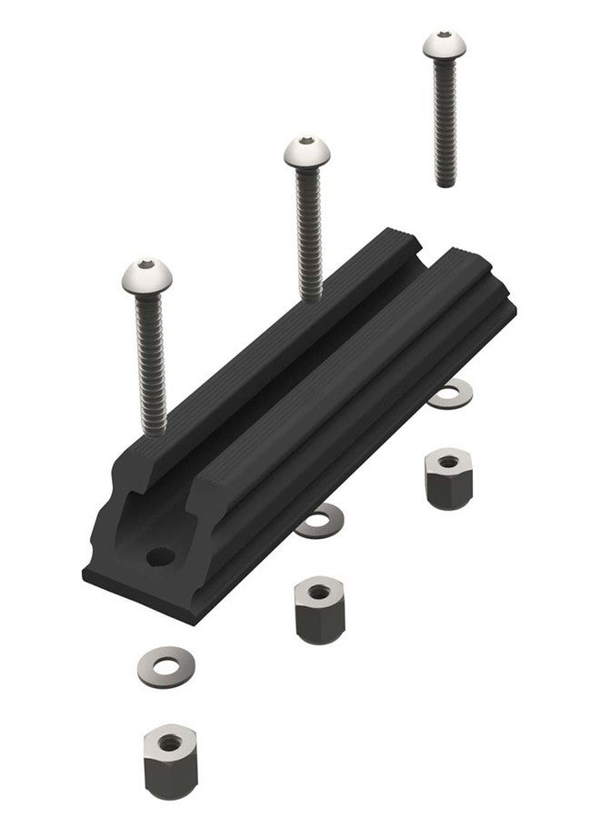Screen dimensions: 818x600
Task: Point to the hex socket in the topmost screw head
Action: pyautogui.click(x=442, y=38)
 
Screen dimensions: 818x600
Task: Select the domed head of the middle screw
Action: pyautogui.click(x=305, y=154)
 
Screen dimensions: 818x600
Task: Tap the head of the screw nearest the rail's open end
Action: pyautogui.click(x=145, y=277)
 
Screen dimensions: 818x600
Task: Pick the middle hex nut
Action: pyautogui.click(x=315, y=612)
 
